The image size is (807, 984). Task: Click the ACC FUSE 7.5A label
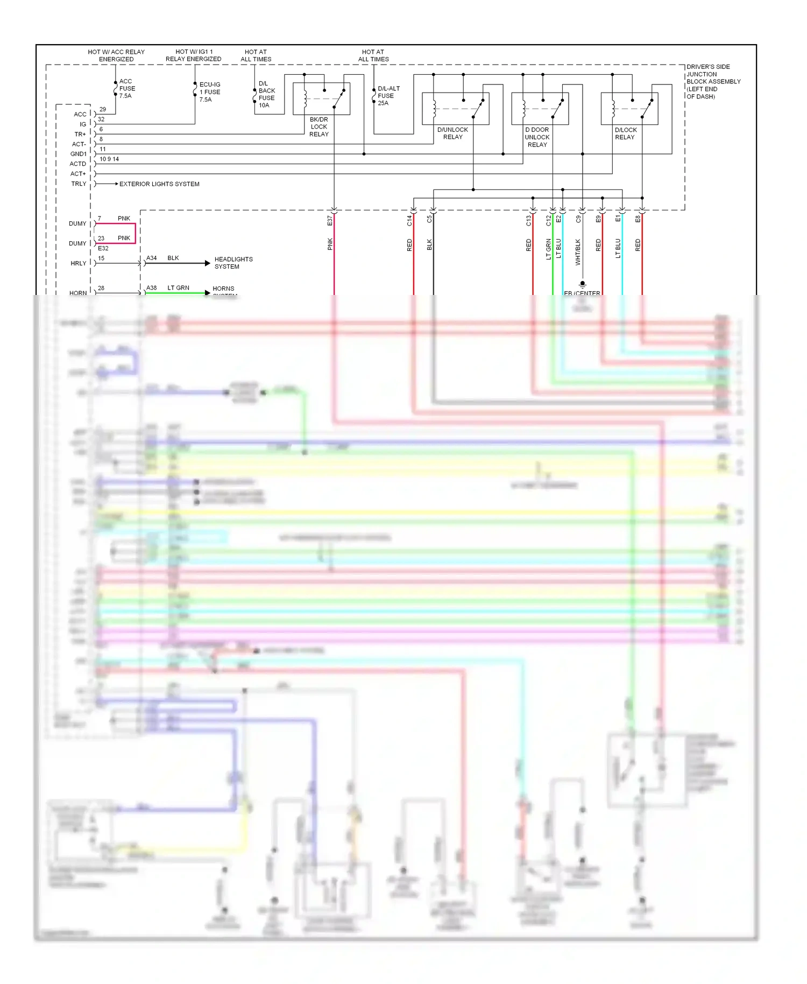click(x=127, y=89)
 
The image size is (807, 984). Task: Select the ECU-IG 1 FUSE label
click(x=209, y=92)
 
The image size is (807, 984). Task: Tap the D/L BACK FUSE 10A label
click(x=266, y=94)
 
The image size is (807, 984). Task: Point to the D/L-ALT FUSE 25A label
click(x=388, y=96)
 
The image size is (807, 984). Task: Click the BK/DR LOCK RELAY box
click(x=321, y=99)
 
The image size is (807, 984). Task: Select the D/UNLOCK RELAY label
click(x=452, y=133)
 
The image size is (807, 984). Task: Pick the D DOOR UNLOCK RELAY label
click(x=537, y=137)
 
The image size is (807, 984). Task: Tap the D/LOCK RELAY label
click(x=625, y=133)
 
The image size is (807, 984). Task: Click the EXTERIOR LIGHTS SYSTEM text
click(x=159, y=184)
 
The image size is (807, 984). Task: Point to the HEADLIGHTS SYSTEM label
click(x=233, y=263)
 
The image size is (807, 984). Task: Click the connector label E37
click(x=330, y=221)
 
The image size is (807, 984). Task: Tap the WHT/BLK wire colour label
click(x=578, y=252)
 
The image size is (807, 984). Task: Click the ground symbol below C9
click(x=582, y=284)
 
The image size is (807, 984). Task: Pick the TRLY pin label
click(x=79, y=184)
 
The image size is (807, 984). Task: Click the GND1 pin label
click(x=78, y=154)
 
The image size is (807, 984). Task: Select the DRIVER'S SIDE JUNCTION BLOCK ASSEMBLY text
click(x=713, y=81)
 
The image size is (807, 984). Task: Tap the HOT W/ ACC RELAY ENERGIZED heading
click(x=116, y=55)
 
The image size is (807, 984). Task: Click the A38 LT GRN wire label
click(x=168, y=288)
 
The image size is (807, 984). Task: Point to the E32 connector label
click(x=103, y=249)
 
